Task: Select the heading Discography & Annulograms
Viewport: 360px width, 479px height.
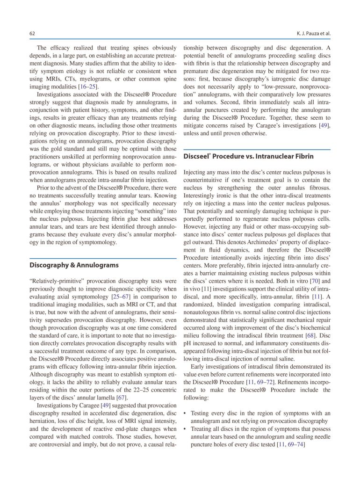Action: [74, 265]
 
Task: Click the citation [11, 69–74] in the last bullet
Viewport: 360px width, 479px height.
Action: [291, 445]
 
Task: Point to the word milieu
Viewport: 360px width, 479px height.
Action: [194, 343]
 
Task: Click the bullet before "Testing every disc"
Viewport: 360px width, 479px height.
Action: [186, 414]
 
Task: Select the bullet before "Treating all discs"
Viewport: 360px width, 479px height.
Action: [186, 429]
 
